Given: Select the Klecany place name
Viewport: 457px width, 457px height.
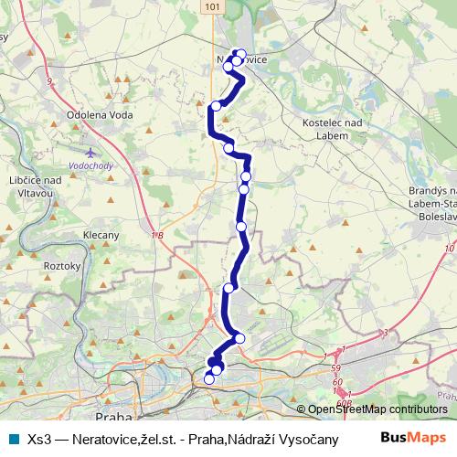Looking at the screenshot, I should click(x=101, y=235).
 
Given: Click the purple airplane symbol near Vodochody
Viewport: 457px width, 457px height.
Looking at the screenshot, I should click(x=89, y=152).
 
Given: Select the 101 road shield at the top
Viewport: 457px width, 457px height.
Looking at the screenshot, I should click(x=212, y=6).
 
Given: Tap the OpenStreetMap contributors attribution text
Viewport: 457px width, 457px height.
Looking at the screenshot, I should click(x=377, y=409).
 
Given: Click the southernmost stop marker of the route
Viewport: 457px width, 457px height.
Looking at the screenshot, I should click(x=209, y=379).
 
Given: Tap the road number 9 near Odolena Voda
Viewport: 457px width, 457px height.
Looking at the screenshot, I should click(x=48, y=83).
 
